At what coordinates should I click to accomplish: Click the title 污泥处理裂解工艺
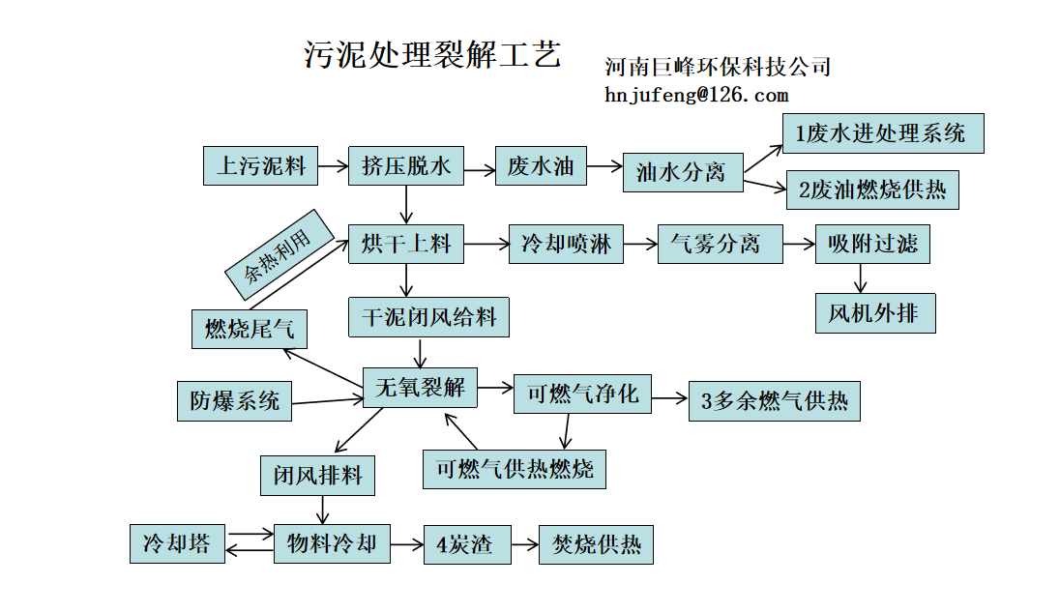[432, 54]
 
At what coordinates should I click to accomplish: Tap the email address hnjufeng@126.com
[696, 95]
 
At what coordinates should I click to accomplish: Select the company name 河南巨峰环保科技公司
[718, 67]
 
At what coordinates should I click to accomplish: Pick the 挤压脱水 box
[406, 165]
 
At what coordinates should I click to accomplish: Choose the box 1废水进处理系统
[882, 133]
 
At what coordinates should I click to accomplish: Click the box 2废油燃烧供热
[871, 190]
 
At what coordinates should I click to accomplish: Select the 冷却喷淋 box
[566, 245]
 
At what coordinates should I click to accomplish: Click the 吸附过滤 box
[872, 244]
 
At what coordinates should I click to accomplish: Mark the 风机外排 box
[875, 313]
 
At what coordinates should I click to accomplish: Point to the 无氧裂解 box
[420, 389]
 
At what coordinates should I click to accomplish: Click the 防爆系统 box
[234, 400]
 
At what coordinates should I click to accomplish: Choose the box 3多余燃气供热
[774, 400]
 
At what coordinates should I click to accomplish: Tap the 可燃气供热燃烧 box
[515, 469]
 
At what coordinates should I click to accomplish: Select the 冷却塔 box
[177, 543]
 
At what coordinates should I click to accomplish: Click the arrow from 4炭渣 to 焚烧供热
[524, 545]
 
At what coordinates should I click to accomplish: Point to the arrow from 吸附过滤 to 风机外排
[859, 277]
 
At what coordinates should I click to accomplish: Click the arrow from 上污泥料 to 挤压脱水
[334, 166]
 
